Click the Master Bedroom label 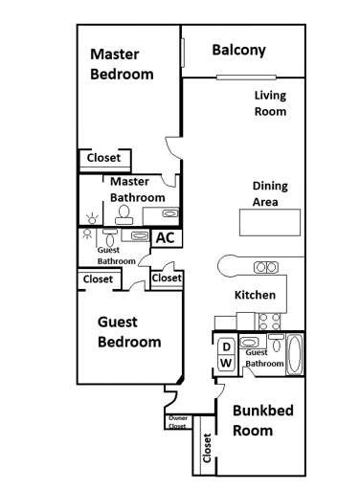tap(122, 64)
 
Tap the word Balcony tap(238, 50)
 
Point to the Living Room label tap(270, 103)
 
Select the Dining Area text tap(269, 194)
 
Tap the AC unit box tap(165, 237)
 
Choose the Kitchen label tap(255, 295)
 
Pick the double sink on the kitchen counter tap(264, 267)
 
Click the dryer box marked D tap(226, 345)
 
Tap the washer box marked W tap(226, 363)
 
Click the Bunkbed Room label tap(266, 420)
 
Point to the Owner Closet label tap(177, 422)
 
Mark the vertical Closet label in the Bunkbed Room tap(206, 450)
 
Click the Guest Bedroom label tap(129, 332)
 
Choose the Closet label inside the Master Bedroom tap(103, 158)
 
